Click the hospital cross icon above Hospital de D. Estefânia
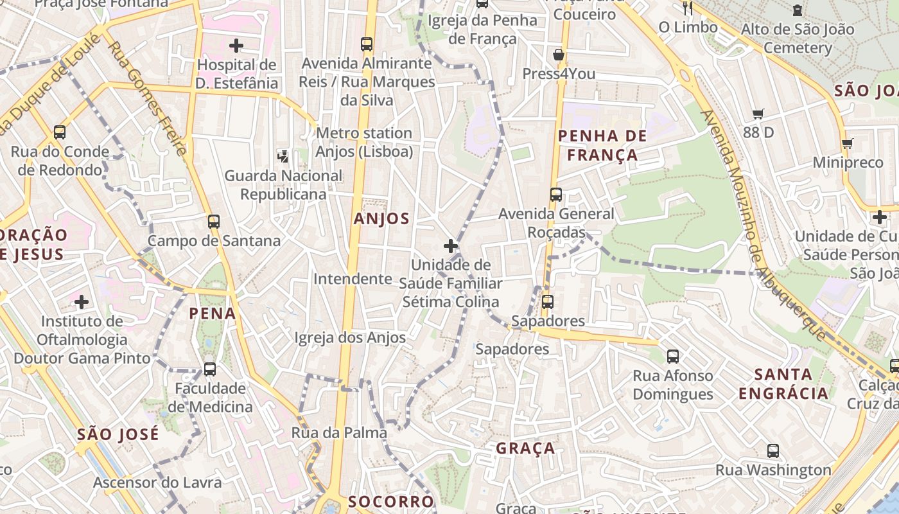click(x=236, y=46)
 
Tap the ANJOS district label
click(x=381, y=218)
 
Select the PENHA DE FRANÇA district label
click(x=598, y=145)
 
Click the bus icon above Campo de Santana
click(x=214, y=222)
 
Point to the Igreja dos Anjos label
click(x=350, y=337)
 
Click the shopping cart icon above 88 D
click(x=758, y=114)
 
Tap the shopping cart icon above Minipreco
click(x=848, y=144)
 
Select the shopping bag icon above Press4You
click(x=559, y=55)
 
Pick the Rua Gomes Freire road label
click(x=148, y=98)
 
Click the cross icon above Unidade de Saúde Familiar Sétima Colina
click(x=451, y=246)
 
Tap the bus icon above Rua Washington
click(x=773, y=451)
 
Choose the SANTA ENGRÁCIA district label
click(x=783, y=384)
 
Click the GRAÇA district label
click(x=525, y=448)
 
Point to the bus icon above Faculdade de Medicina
click(x=210, y=369)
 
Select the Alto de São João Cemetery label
click(x=798, y=39)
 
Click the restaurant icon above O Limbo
click(x=688, y=8)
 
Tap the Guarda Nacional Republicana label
click(x=283, y=184)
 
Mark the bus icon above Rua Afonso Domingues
click(x=673, y=357)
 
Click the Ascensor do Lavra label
click(x=157, y=483)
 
